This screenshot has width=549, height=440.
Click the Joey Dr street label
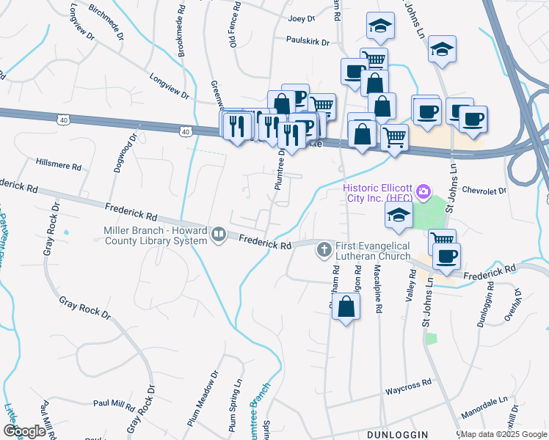tap(302, 18)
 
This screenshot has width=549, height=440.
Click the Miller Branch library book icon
tap(218, 235)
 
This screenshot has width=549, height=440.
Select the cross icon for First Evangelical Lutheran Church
tap(323, 251)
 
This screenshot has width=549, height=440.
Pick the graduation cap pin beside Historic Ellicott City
tap(398, 215)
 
